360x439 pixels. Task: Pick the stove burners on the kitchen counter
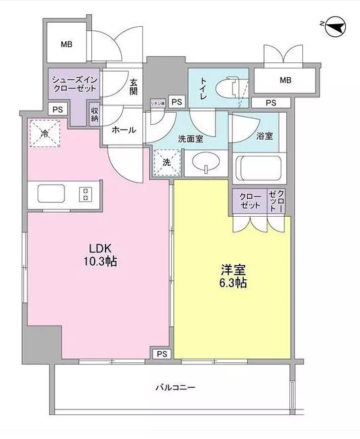point(87,193)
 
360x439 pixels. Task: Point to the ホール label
point(124,130)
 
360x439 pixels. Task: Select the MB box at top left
point(66,46)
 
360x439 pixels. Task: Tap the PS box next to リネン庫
point(177,101)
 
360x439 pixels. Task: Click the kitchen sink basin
point(52,193)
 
